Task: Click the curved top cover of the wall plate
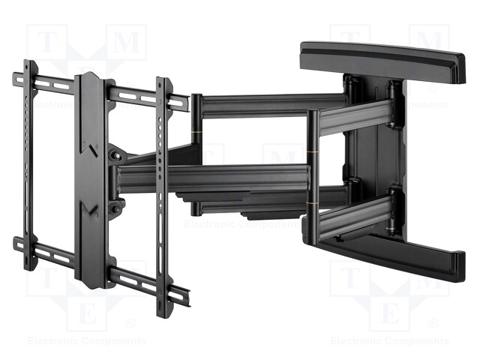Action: click(x=382, y=60)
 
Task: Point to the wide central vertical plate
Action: click(x=90, y=180)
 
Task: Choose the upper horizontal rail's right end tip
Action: click(x=184, y=103)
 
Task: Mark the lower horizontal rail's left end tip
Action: click(x=16, y=243)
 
